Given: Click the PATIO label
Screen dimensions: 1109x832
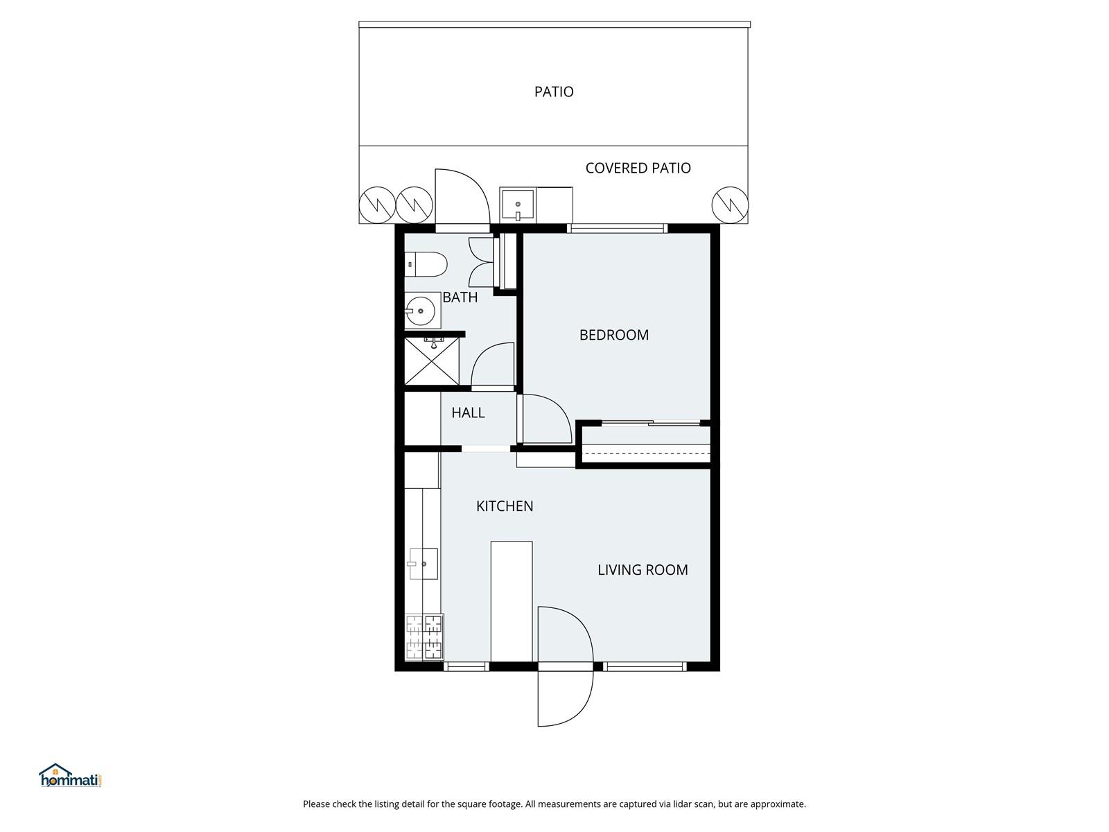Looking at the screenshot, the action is (x=554, y=92).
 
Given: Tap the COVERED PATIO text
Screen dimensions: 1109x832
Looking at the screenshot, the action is (x=638, y=168).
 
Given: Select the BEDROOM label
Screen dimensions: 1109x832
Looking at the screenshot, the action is (x=614, y=335).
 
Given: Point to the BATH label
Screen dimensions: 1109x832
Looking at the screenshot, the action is (x=460, y=297).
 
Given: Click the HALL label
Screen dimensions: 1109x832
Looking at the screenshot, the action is (x=468, y=413).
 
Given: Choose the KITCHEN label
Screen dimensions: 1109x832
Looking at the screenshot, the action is (x=504, y=506).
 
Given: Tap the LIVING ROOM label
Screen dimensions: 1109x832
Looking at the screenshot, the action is (x=643, y=570).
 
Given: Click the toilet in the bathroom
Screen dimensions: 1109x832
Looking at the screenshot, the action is (x=426, y=264).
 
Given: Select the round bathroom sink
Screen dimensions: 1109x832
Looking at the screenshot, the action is (x=420, y=311).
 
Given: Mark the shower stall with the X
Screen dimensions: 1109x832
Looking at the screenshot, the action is (x=432, y=361).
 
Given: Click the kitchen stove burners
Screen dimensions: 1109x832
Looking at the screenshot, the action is (x=424, y=637).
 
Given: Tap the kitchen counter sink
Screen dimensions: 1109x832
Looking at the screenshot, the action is (x=423, y=564).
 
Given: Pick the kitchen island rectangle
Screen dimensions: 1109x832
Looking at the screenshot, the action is (x=512, y=601).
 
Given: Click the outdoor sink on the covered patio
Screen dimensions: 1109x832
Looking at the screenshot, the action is (x=518, y=205).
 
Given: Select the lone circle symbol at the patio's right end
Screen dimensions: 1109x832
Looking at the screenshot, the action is (x=730, y=205).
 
